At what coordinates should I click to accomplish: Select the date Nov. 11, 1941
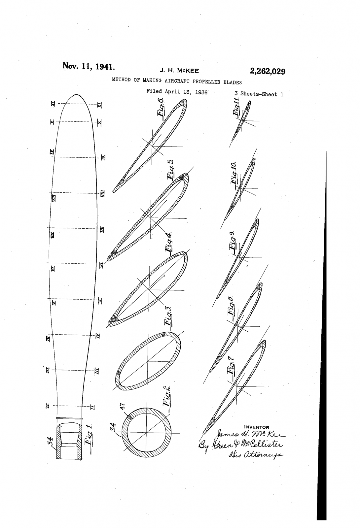coord(89,66)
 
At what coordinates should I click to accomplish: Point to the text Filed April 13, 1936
coord(177,92)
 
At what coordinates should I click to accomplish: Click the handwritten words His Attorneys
coord(254,455)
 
